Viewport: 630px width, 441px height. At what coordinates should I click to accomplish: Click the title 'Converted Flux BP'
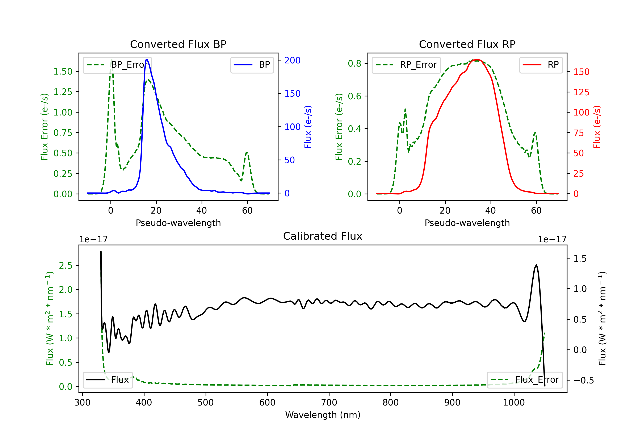178,44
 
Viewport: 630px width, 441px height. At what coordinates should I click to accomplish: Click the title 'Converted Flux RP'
467,44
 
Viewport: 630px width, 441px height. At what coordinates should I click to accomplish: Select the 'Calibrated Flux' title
323,236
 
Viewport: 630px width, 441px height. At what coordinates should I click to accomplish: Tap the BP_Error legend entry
117,65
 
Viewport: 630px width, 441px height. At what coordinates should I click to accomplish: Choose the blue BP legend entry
252,65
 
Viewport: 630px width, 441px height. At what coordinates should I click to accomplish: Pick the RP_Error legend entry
406,65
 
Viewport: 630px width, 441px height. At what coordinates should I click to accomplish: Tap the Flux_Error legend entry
525,380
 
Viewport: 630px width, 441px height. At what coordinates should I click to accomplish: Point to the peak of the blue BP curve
147,60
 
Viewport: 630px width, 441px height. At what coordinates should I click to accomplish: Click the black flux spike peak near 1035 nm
536,265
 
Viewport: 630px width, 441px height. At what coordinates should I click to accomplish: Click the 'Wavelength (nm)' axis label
323,415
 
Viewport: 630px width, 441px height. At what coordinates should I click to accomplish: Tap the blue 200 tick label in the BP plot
292,60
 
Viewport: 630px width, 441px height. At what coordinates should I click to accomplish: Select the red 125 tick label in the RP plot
581,92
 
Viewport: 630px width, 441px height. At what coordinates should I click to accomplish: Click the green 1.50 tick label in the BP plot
63,72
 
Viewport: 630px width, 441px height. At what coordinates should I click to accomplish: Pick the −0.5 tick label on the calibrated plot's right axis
583,380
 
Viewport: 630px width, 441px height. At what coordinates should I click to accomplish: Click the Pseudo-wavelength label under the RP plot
467,223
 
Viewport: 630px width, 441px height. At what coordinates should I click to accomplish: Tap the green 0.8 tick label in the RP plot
354,64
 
